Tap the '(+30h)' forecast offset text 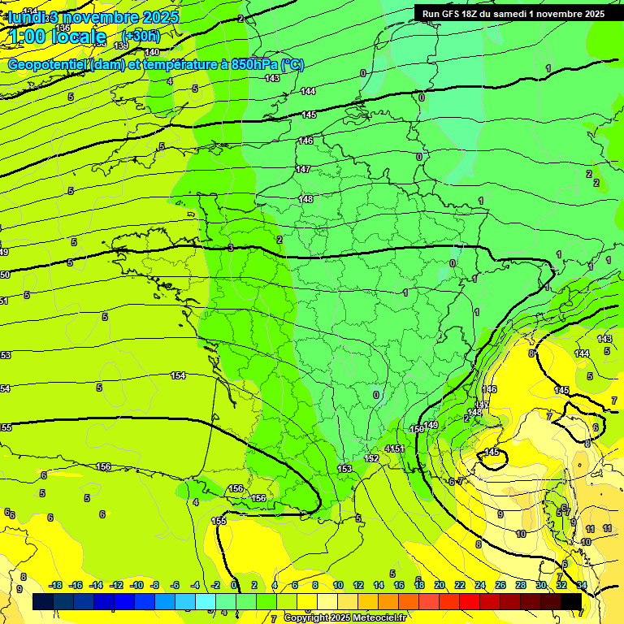click(x=141, y=36)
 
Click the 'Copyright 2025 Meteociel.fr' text click(x=344, y=617)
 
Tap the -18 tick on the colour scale click(x=55, y=585)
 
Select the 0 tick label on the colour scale click(x=234, y=585)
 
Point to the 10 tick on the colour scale click(x=337, y=585)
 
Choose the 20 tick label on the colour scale click(x=440, y=585)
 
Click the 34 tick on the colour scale click(x=582, y=585)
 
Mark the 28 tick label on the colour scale click(x=521, y=585)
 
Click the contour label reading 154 click(x=178, y=375)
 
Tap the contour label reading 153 click(x=344, y=469)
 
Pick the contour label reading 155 click(x=219, y=521)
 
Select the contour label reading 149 click(x=431, y=425)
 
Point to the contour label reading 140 click(x=152, y=52)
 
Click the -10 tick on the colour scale click(x=136, y=585)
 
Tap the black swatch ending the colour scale click(x=571, y=601)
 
